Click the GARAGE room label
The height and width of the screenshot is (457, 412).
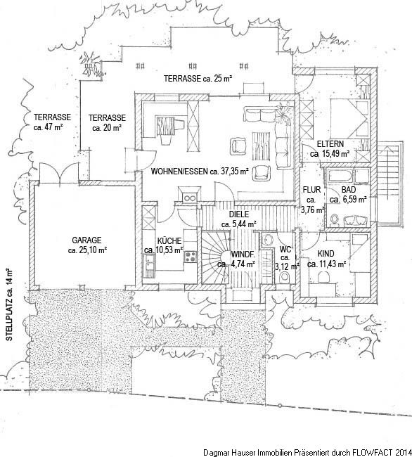tap(86, 240)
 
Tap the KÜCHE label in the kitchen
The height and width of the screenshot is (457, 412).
tap(169, 241)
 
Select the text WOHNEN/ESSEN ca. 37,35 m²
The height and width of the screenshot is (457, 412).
tap(200, 172)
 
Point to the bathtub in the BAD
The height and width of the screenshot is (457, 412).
tap(340, 176)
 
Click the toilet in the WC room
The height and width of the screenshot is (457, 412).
tap(284, 277)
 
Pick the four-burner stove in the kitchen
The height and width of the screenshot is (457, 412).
tap(191, 257)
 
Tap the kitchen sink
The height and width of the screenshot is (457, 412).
tap(150, 262)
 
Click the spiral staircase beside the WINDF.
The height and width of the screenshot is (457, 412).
tap(216, 257)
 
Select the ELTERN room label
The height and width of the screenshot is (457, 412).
tap(330, 144)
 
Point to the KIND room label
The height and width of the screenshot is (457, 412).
tap(326, 253)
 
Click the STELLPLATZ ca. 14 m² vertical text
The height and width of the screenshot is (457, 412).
tap(9, 305)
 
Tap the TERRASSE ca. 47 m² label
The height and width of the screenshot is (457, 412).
tap(52, 122)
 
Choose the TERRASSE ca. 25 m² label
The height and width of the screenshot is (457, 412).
tap(198, 79)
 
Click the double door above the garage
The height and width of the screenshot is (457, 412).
tap(59, 174)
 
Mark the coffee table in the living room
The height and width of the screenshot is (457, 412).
tap(262, 146)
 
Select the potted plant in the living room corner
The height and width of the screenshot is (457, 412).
tap(283, 114)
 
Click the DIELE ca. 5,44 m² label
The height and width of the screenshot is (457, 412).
tap(239, 219)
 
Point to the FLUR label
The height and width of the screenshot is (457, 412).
tap(311, 190)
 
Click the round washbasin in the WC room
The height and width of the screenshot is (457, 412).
tap(267, 240)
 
